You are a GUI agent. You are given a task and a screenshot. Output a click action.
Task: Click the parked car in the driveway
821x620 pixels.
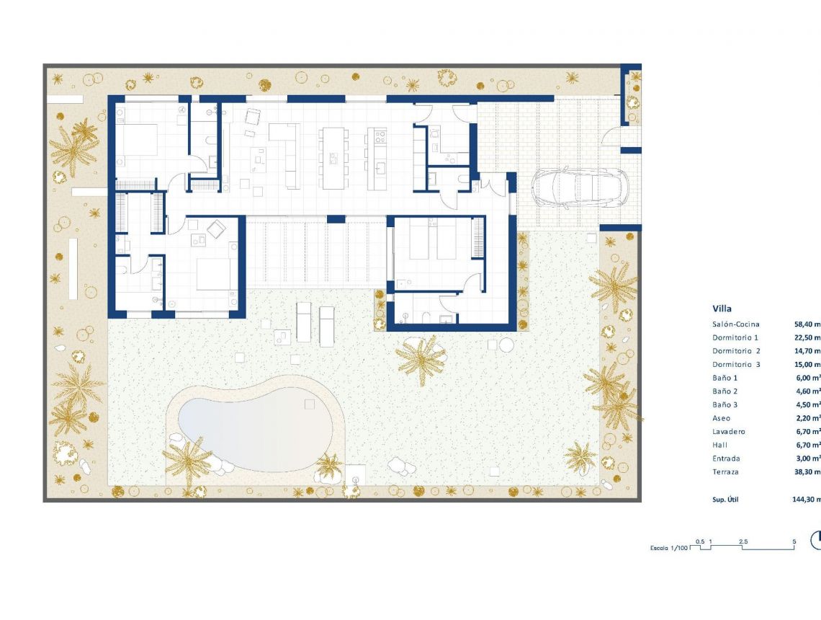coord(580,189)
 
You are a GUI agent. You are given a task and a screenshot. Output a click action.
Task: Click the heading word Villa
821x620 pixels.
coord(722,309)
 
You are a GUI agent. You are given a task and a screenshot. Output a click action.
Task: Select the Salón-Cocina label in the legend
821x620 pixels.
coord(735,324)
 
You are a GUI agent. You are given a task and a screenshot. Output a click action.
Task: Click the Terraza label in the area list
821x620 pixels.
coord(726,472)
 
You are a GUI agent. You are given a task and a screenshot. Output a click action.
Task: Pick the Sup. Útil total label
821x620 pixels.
coord(725,499)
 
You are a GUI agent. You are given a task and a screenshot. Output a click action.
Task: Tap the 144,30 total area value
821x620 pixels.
coord(806,499)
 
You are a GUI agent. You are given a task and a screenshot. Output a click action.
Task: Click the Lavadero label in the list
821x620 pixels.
coord(728,432)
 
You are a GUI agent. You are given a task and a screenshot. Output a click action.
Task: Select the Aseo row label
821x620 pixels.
coord(721,418)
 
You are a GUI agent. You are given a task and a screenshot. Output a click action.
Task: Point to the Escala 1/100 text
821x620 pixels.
coord(669,549)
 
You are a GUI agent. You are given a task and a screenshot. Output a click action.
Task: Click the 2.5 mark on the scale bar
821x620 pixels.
coord(743,541)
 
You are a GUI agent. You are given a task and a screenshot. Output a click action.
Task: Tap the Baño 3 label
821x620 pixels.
coord(726,405)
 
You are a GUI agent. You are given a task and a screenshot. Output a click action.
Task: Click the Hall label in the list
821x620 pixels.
coord(719,446)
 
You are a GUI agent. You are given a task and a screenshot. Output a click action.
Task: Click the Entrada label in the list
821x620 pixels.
coord(726,459)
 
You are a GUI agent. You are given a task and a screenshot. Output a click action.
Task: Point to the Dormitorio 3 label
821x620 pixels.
coord(736,365)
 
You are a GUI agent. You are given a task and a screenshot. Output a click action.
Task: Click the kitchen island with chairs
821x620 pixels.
coord(333,158)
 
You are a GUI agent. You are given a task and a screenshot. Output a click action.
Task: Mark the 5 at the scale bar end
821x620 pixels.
coord(794,541)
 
